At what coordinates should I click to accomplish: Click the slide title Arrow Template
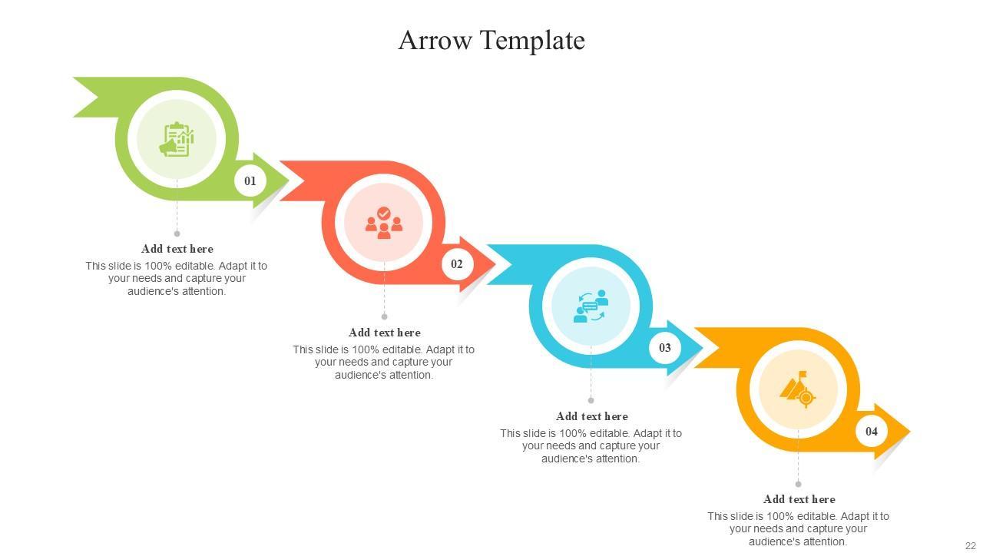pyautogui.click(x=491, y=40)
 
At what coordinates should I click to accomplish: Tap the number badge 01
pyautogui.click(x=250, y=181)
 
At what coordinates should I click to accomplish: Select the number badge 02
pyautogui.click(x=457, y=264)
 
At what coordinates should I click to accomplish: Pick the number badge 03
pyautogui.click(x=665, y=348)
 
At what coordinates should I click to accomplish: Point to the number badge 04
pyautogui.click(x=872, y=432)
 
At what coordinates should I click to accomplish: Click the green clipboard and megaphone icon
pyautogui.click(x=177, y=139)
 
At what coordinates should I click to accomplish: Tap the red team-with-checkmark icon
pyautogui.click(x=384, y=223)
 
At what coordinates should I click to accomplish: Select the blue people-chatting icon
pyautogui.click(x=591, y=306)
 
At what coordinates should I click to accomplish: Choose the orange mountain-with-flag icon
pyautogui.click(x=798, y=389)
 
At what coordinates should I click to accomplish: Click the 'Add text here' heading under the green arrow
pyautogui.click(x=177, y=249)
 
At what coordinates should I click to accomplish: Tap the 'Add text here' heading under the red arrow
pyautogui.click(x=385, y=333)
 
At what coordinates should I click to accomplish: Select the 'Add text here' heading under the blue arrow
pyautogui.click(x=592, y=416)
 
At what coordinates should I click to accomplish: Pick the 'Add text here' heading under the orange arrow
pyautogui.click(x=799, y=499)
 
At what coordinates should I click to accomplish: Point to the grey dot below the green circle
pyautogui.click(x=177, y=233)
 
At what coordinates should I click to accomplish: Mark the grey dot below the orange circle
pyautogui.click(x=799, y=484)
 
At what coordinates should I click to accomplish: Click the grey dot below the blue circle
pyautogui.click(x=591, y=400)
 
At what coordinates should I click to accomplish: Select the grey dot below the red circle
pyautogui.click(x=385, y=316)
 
